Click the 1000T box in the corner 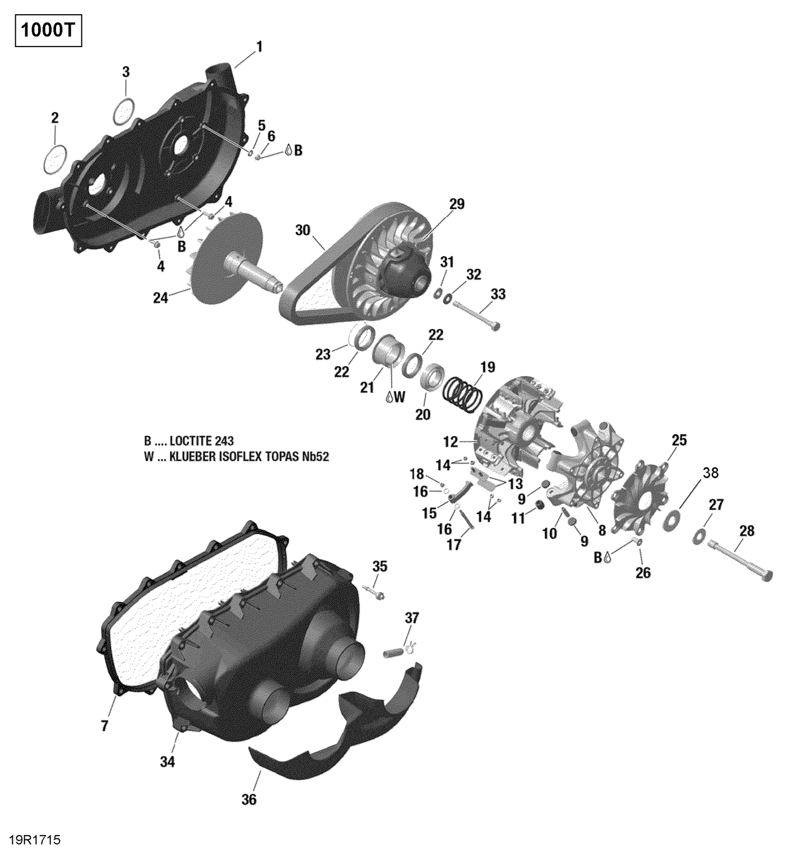click(48, 32)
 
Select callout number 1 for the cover click(259, 48)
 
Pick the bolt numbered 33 click(475, 315)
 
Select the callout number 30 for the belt click(303, 230)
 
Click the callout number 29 click(457, 204)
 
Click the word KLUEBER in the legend click(192, 456)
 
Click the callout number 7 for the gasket click(105, 726)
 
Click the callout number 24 click(161, 298)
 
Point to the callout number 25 click(679, 440)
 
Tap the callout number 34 click(168, 762)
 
